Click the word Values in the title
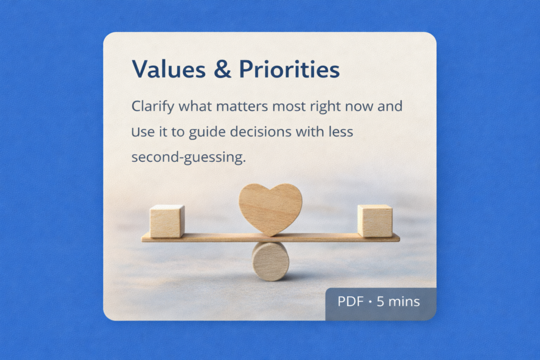tap(169, 69)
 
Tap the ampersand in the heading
tap(222, 69)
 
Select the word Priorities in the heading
tap(290, 69)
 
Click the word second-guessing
tap(189, 158)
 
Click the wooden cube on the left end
tap(167, 221)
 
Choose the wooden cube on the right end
tap(375, 221)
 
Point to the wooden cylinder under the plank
tap(271, 261)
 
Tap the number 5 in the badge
tap(380, 301)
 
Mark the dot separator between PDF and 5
tap(370, 302)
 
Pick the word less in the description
tap(341, 132)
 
